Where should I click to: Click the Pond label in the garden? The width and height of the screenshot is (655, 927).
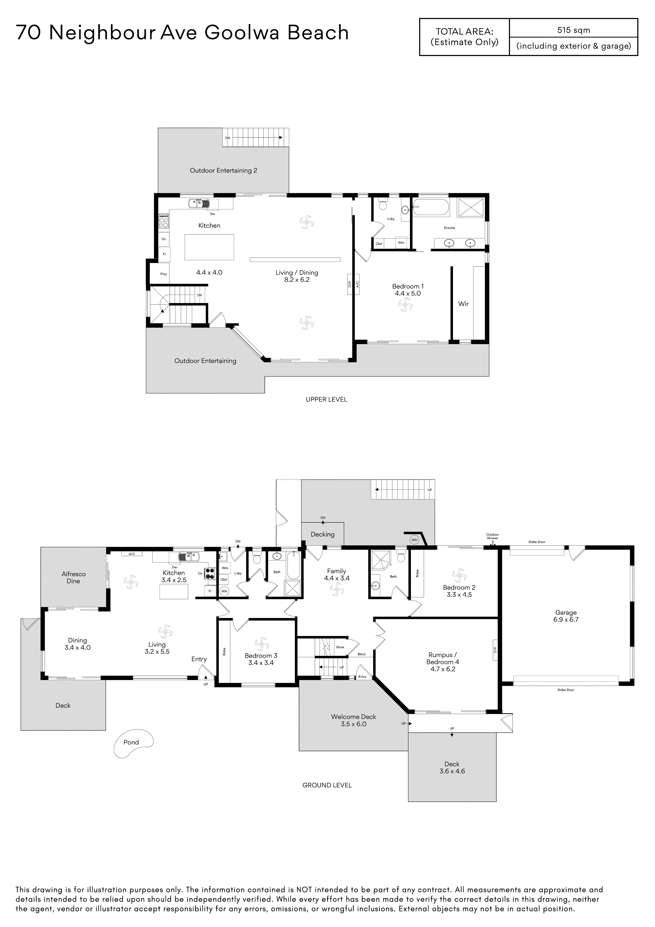(131, 742)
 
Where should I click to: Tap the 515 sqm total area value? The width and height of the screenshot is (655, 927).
(573, 30)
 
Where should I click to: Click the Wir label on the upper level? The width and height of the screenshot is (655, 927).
(463, 304)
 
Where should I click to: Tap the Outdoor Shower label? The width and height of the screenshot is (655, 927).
(492, 536)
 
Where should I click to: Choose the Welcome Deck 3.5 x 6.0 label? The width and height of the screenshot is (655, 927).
(354, 720)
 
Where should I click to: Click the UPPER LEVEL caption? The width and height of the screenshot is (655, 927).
(326, 399)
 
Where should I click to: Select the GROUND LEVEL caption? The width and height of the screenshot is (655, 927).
(327, 785)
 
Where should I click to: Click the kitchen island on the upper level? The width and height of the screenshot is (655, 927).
(209, 247)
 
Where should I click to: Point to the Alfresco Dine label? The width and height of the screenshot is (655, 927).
(73, 577)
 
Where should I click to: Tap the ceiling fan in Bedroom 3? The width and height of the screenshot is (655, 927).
(261, 644)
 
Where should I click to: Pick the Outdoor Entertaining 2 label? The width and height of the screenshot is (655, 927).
(224, 170)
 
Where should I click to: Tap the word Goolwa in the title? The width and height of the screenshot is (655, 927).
(242, 33)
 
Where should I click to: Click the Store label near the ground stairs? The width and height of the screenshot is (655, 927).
(340, 647)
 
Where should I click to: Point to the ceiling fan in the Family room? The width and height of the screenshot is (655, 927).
(336, 589)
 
